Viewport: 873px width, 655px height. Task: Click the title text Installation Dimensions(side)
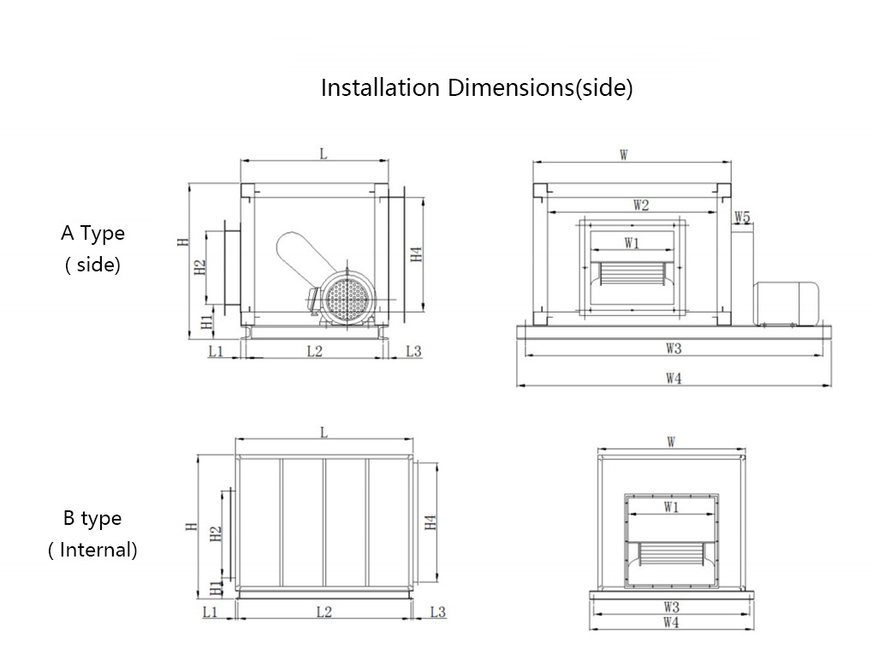click(477, 87)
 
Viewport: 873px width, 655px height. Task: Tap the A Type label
click(92, 233)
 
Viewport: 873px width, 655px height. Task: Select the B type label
click(92, 518)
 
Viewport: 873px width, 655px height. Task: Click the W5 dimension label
click(741, 217)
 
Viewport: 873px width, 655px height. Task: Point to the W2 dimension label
click(640, 205)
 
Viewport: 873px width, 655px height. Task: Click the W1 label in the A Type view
click(632, 243)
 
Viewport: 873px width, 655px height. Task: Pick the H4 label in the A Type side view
click(415, 254)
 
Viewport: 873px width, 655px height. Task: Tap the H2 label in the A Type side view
click(199, 267)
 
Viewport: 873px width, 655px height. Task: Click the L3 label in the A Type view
click(413, 351)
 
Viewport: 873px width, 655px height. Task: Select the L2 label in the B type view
click(324, 611)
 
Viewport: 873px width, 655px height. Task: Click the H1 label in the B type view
click(215, 587)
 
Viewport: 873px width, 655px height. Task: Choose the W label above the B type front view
click(672, 443)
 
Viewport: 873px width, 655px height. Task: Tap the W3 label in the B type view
click(671, 606)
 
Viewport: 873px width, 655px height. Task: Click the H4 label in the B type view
click(431, 521)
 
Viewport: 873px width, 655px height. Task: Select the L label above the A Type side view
click(323, 154)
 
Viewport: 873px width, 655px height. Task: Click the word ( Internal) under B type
click(92, 550)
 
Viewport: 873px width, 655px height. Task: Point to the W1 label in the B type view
click(671, 507)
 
